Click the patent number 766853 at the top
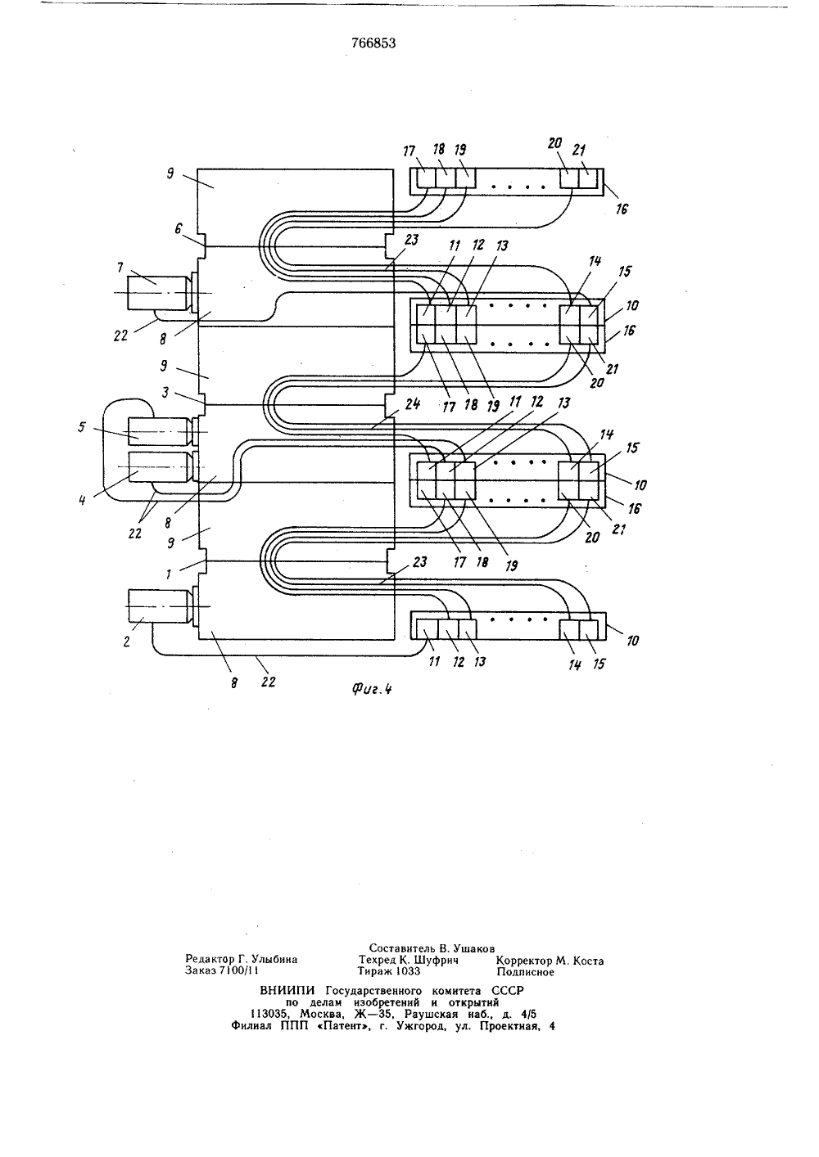(x=373, y=43)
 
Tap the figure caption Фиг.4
(x=372, y=688)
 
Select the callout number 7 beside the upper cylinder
(x=120, y=267)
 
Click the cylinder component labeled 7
(x=161, y=294)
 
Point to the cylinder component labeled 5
(x=161, y=431)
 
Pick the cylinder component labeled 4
(x=161, y=467)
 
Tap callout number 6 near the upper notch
(x=178, y=228)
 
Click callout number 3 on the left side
(x=165, y=392)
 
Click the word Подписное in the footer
(x=525, y=972)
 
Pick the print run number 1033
(x=408, y=971)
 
